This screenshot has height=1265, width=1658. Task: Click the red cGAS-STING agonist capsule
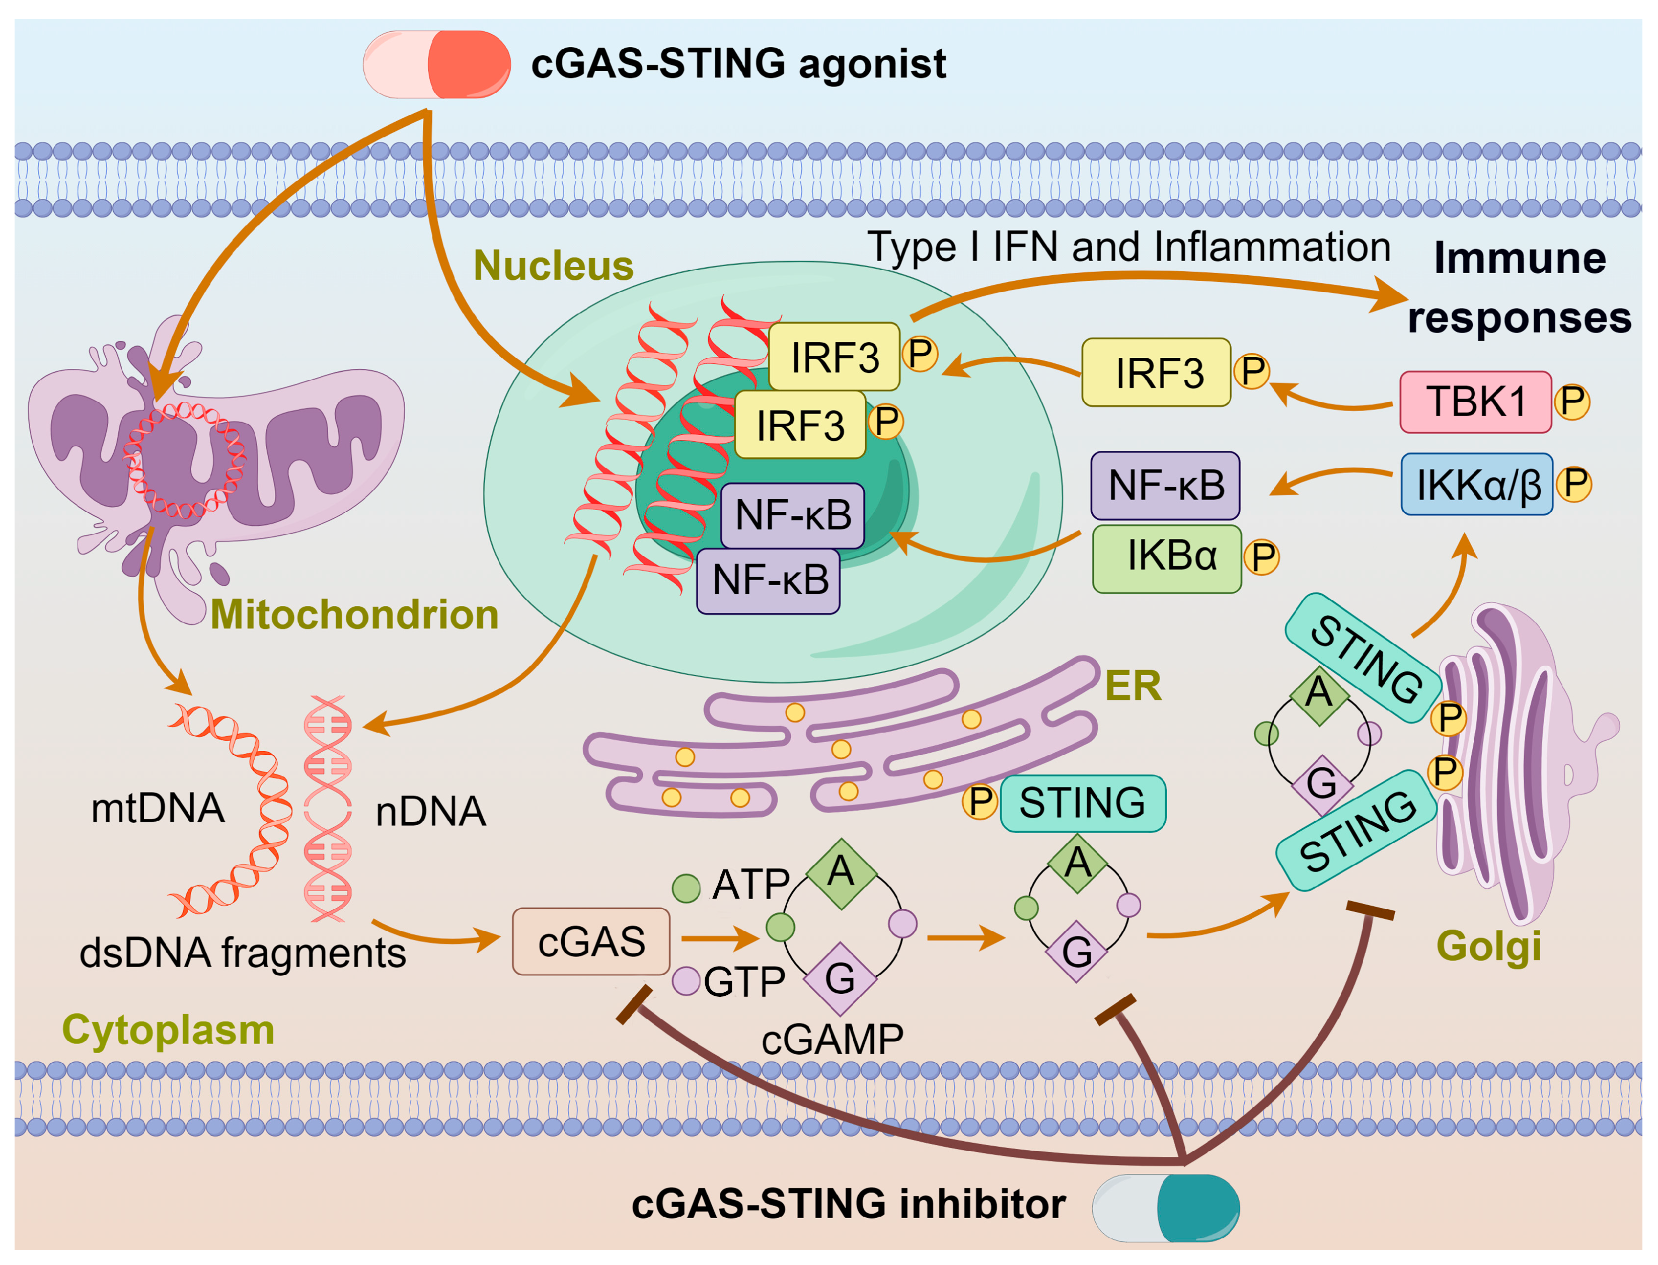tap(436, 64)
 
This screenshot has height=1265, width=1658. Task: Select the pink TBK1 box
tap(1475, 402)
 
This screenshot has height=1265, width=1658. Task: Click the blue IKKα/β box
tap(1476, 484)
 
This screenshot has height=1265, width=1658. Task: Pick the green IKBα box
tap(1167, 559)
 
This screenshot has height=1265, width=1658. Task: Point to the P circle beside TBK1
tap(1572, 402)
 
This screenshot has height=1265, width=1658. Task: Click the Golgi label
tap(1488, 946)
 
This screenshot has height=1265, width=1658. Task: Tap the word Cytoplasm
tap(168, 1030)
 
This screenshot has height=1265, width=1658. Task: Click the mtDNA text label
tap(158, 808)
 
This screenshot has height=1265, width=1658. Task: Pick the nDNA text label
tap(430, 812)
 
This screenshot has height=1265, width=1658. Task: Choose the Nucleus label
tap(554, 266)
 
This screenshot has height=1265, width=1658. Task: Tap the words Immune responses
tap(1520, 288)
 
